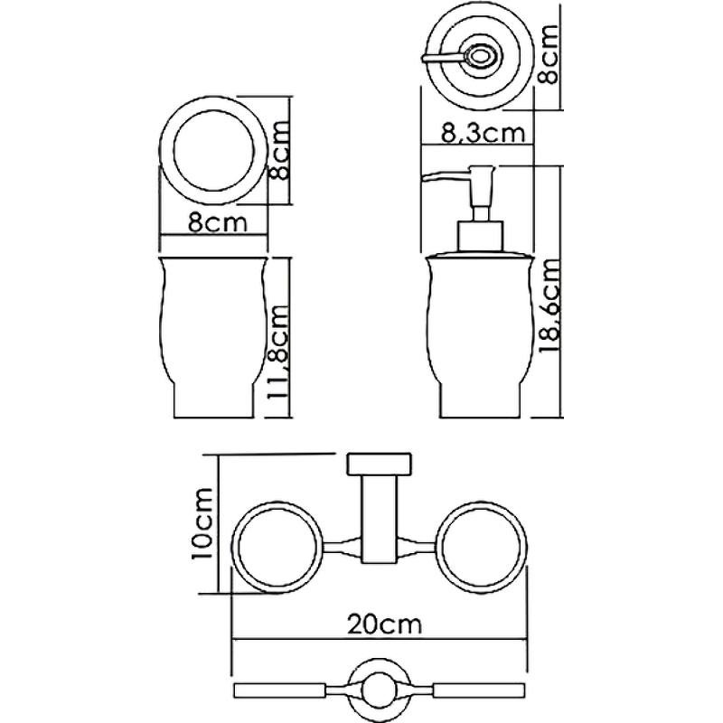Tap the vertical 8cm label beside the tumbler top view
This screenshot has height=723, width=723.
click(x=281, y=152)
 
